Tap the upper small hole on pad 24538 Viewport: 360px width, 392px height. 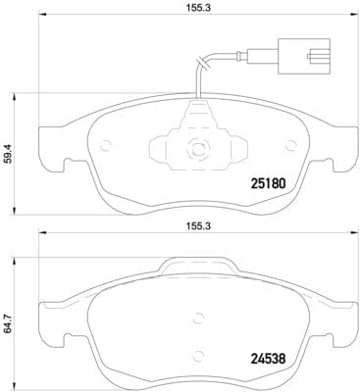click(197, 317)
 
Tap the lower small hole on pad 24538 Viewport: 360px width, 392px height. click(197, 355)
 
